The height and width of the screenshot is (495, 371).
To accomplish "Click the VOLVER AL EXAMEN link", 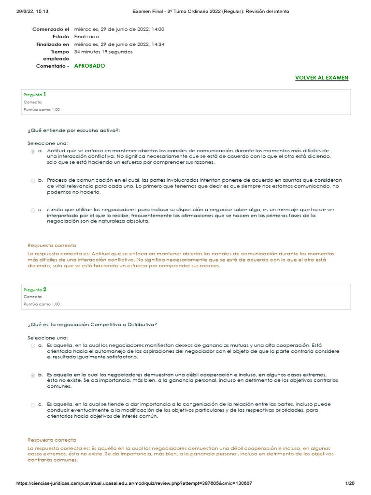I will point(321,78).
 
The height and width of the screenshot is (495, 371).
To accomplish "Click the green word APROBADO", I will point(89,66).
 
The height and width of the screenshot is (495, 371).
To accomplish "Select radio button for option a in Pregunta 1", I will point(33,151).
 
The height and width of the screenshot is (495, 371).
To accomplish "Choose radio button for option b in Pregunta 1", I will point(33,181).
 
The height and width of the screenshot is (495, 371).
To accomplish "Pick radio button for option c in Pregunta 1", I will point(33,210).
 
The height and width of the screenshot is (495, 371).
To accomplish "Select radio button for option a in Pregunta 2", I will point(33,346).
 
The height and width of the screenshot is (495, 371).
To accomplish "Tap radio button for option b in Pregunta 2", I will point(33,375).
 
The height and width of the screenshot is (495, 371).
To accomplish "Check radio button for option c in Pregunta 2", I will point(33,405).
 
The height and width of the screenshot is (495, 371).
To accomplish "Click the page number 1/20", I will point(350,483).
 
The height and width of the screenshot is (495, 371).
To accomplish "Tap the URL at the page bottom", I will point(134,483).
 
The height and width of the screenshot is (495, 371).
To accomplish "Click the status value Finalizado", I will point(86,37).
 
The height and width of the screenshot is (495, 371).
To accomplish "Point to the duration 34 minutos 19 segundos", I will point(103,52).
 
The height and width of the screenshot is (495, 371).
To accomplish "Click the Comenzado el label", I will point(51,29).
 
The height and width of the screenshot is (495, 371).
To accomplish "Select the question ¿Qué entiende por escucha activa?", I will point(73,131).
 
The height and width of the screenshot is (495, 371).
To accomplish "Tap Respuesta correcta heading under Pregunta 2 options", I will point(52,440).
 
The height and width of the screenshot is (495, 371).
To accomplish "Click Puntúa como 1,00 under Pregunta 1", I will point(42,110).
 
